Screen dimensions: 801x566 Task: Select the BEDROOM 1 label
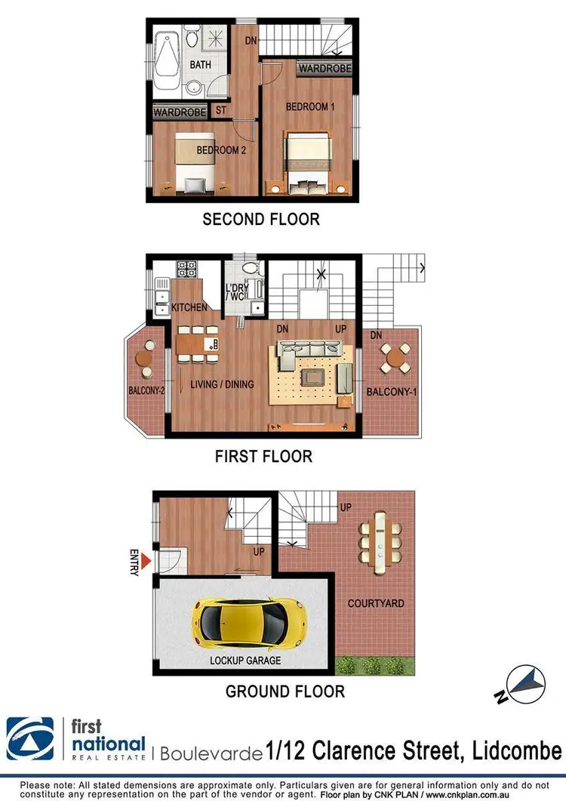(x=310, y=107)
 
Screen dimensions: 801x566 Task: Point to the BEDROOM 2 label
(x=221, y=150)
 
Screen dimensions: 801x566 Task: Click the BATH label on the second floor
(x=200, y=66)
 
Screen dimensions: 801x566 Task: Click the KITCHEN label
(x=189, y=308)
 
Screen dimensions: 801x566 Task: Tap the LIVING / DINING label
(x=222, y=384)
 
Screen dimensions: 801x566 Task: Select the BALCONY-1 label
(x=389, y=392)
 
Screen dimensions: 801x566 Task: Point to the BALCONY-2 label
(x=146, y=390)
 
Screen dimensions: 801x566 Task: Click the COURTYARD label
(x=375, y=603)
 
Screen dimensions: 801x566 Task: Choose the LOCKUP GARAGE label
(x=245, y=661)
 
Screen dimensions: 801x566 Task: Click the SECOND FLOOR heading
(x=261, y=220)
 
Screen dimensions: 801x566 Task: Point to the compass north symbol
(x=524, y=684)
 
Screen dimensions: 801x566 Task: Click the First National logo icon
(x=30, y=738)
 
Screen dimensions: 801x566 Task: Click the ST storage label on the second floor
(x=221, y=110)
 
